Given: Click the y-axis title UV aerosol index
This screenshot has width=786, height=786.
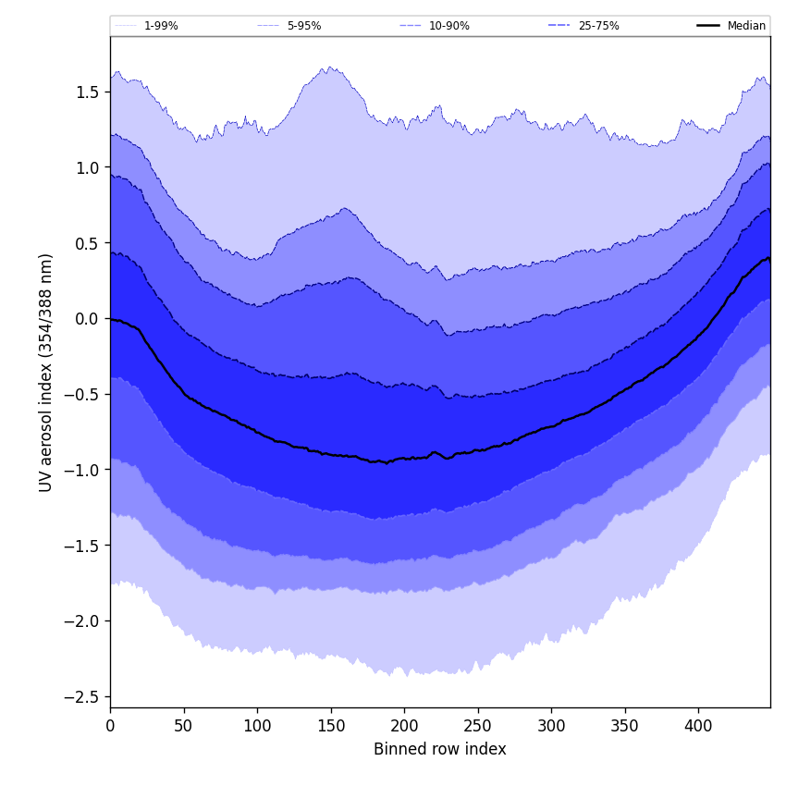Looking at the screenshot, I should click(46, 372).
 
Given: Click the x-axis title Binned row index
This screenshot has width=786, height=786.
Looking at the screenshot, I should click(440, 749).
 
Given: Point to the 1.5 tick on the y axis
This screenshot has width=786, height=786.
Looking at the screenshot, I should click(88, 92).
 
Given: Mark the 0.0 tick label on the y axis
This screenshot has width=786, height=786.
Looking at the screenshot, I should click(88, 319).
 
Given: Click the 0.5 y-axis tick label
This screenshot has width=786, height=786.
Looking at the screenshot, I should click(88, 243).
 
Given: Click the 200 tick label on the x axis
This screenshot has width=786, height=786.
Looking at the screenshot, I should click(404, 727).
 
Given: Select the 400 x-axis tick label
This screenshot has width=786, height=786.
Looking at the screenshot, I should click(698, 727).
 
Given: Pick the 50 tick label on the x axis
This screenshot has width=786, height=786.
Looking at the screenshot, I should click(184, 727).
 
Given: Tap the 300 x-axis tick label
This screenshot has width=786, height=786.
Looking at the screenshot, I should click(551, 727).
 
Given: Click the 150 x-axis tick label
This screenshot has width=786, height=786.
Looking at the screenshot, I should click(331, 727).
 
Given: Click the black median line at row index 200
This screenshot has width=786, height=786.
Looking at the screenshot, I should click(404, 459).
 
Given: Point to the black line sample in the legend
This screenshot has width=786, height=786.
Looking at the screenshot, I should click(709, 26).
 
